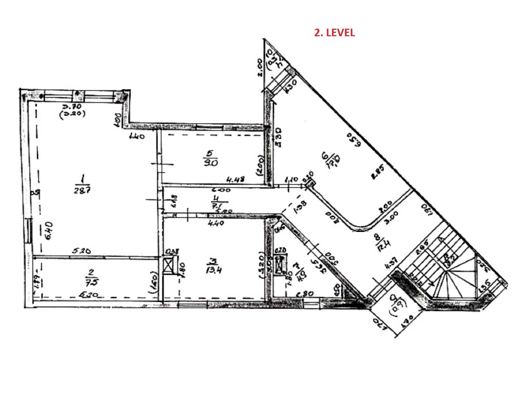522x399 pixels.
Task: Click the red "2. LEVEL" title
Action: pyautogui.click(x=334, y=33)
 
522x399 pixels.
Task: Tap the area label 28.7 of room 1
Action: pyautogui.click(x=82, y=190)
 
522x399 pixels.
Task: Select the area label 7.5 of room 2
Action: pyautogui.click(x=91, y=282)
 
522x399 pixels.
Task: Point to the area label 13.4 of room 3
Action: pyautogui.click(x=214, y=270)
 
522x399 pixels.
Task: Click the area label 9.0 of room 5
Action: pyautogui.click(x=211, y=162)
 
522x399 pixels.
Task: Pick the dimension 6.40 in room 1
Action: pyautogui.click(x=49, y=231)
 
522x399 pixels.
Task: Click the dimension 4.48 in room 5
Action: pyautogui.click(x=236, y=179)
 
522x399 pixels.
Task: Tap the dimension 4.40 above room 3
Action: pyautogui.click(x=215, y=223)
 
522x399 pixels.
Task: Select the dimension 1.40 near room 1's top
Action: pyautogui.click(x=137, y=136)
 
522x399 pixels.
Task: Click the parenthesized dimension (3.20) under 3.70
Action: pyautogui.click(x=72, y=114)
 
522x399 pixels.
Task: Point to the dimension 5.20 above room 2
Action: pyautogui.click(x=81, y=251)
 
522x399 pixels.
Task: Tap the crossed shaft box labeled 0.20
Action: pyautogui.click(x=280, y=264)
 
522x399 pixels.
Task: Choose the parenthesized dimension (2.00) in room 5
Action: pyautogui.click(x=261, y=165)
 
